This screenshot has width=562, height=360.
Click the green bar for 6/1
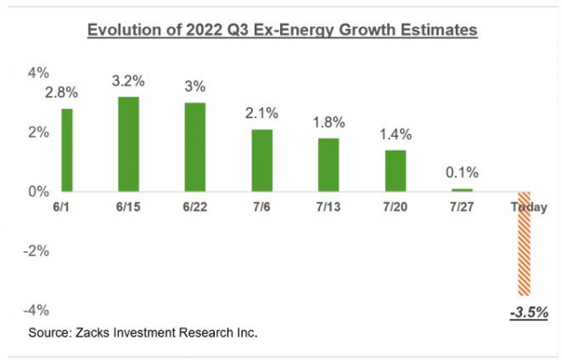click(67, 150)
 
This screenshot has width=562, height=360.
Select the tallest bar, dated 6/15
click(130, 143)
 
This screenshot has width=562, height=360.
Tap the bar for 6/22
click(194, 147)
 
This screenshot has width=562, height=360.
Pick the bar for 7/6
click(261, 160)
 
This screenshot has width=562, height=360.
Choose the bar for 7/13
click(329, 164)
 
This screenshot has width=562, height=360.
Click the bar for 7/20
click(396, 170)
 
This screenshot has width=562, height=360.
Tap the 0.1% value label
click(462, 172)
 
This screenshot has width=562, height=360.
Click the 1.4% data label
click(396, 134)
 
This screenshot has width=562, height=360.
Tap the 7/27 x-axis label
click(463, 208)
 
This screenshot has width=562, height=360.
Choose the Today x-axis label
click(528, 208)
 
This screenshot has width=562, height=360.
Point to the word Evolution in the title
click(123, 31)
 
